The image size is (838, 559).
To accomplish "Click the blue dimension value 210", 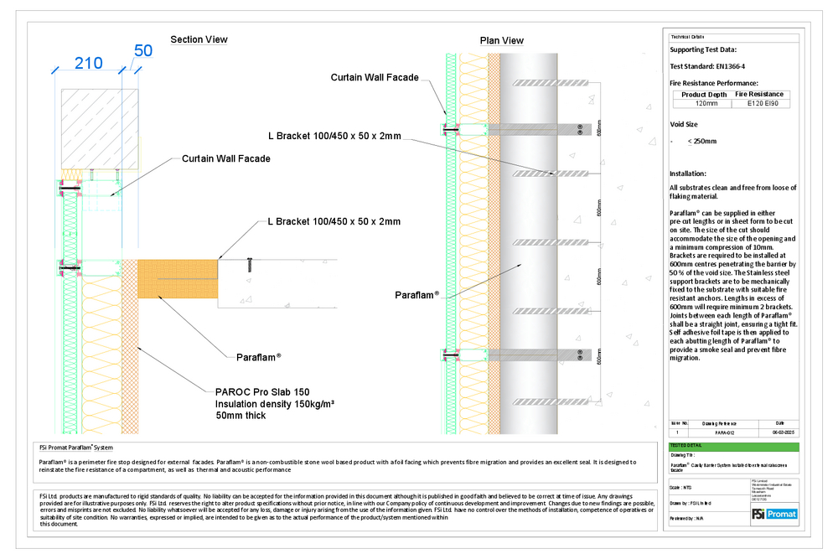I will pos(87,63).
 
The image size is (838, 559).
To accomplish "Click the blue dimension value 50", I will pos(143,50).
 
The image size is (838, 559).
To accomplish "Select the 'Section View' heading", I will pos(199,39).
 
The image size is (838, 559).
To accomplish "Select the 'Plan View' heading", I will pos(501,40).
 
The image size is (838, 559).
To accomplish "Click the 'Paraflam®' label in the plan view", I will pos(416,295).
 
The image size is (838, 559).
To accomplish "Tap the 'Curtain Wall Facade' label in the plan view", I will pos(374,77).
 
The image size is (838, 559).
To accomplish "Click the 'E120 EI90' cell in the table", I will pos(761,104).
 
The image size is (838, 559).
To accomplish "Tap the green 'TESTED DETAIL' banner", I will pos(685,446).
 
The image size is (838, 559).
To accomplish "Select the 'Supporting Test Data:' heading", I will pos(703,49).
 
